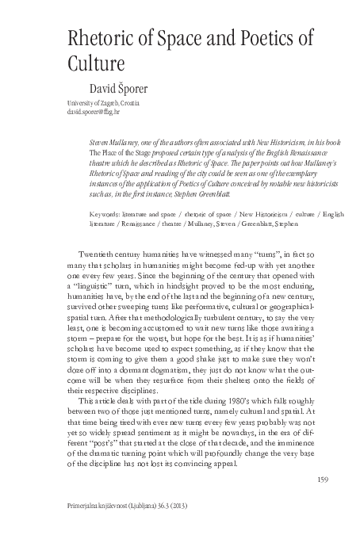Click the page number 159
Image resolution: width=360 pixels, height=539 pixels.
(x=322, y=477)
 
